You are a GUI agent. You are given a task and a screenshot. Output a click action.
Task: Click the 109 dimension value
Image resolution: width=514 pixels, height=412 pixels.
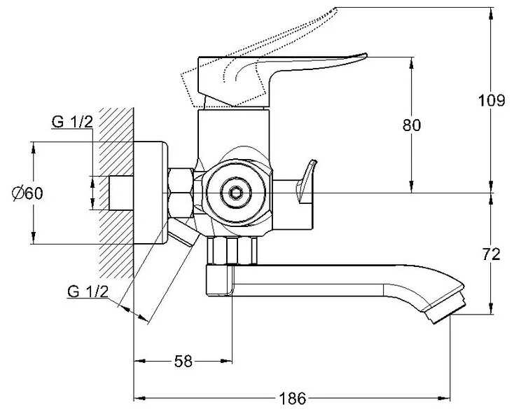click(x=492, y=100)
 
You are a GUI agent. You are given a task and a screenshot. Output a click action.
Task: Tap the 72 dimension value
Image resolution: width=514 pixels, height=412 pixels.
click(x=492, y=254)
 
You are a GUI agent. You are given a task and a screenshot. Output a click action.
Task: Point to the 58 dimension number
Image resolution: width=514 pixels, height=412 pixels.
click(x=183, y=362)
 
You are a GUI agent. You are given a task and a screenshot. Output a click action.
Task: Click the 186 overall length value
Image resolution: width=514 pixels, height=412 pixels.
click(x=292, y=399)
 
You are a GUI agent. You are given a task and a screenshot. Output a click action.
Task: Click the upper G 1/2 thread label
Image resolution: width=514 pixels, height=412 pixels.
click(x=72, y=122)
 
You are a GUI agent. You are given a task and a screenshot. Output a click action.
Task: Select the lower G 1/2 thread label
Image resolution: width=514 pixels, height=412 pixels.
click(x=88, y=291)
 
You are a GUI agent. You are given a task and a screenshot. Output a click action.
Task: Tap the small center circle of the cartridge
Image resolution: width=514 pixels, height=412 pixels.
click(x=233, y=191)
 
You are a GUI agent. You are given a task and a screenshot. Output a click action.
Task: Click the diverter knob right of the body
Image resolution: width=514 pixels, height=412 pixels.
click(x=304, y=184)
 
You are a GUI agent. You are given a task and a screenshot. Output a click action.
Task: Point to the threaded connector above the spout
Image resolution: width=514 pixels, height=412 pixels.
click(x=233, y=249)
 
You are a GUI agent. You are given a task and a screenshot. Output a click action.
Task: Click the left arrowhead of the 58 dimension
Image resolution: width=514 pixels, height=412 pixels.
click(x=137, y=362)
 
